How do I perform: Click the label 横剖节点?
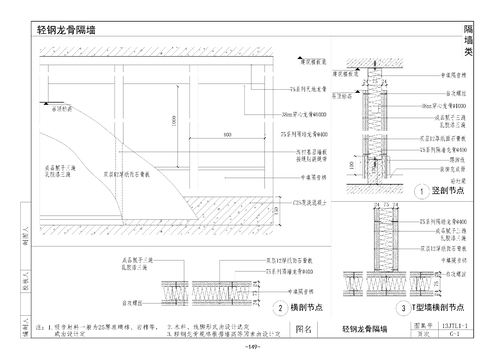pos(306,309)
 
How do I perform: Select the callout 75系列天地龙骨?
pos(316,90)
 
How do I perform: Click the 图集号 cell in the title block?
pos(394,326)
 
